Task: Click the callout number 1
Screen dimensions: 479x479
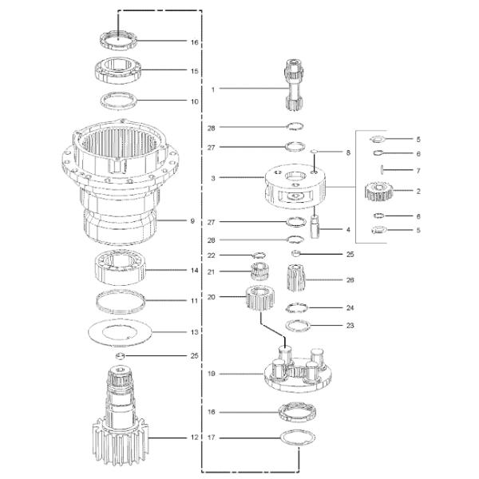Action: [x=213, y=89]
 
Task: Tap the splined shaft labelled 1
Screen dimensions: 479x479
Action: [x=294, y=85]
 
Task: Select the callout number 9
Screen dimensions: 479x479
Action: [x=192, y=221]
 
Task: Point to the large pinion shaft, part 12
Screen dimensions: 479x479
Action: [x=120, y=414]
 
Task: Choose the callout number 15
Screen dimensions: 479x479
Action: [x=194, y=71]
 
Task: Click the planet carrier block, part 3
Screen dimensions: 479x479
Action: [x=295, y=186]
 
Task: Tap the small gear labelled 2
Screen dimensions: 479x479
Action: [x=378, y=192]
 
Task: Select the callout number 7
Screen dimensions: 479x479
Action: [x=418, y=171]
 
